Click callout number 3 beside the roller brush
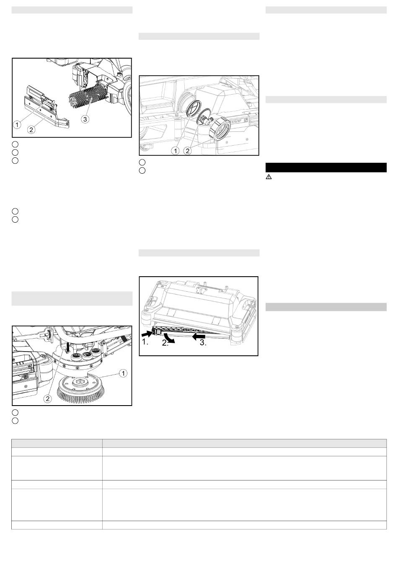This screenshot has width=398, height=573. (85, 119)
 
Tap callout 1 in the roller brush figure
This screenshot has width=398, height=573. (17, 125)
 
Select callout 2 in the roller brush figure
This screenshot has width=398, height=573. (31, 130)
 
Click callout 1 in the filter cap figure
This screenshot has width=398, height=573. (176, 151)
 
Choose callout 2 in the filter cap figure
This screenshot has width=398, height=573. (187, 151)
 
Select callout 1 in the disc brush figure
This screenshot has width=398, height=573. (123, 373)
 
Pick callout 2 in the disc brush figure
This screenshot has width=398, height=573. (48, 398)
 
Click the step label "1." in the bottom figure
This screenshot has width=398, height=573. (145, 342)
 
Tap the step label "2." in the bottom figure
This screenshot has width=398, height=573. (165, 343)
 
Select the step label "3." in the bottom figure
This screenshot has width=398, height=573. (203, 343)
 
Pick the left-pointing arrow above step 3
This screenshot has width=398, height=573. (199, 336)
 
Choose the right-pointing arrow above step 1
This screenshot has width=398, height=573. (148, 334)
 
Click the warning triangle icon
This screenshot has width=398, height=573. (269, 177)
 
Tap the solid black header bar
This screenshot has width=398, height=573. (326, 167)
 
